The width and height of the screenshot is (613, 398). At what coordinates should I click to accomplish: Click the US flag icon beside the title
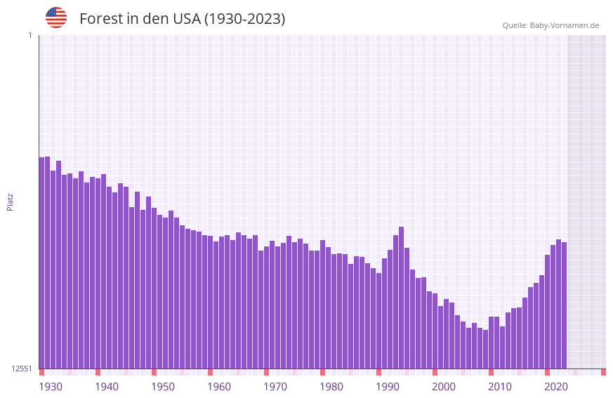tap(56, 18)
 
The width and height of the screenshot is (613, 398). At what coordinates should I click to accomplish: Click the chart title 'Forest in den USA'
tap(182, 19)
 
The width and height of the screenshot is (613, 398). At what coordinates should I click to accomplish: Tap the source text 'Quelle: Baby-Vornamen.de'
tap(551, 25)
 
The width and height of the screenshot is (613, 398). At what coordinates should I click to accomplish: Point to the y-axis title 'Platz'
tap(10, 201)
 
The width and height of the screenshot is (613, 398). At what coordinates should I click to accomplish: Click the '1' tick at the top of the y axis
tap(29, 35)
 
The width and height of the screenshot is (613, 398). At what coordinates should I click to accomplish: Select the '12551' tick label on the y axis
tap(22, 369)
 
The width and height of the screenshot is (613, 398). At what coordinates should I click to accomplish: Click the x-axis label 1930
tap(51, 387)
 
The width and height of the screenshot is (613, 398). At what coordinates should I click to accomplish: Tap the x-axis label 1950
tap(163, 387)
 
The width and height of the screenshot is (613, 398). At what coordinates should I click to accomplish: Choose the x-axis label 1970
tap(275, 387)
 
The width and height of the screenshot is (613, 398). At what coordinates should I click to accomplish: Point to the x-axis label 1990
tap(388, 387)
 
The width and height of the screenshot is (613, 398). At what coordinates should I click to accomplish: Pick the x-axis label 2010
tap(500, 387)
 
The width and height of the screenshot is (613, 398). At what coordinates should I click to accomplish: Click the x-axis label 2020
tap(556, 387)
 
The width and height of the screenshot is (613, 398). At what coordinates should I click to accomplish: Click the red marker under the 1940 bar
tap(98, 372)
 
